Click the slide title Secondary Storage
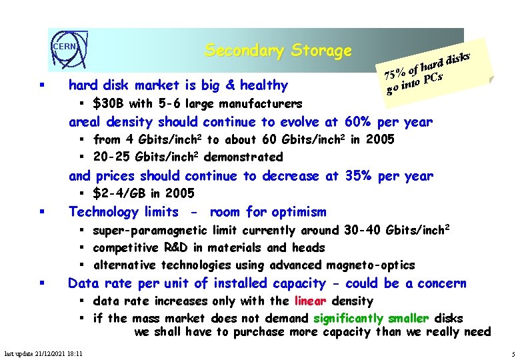click(x=278, y=51)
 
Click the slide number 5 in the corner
click(x=511, y=353)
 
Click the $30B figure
click(x=108, y=103)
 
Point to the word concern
click(x=442, y=283)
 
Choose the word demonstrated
click(x=243, y=157)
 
